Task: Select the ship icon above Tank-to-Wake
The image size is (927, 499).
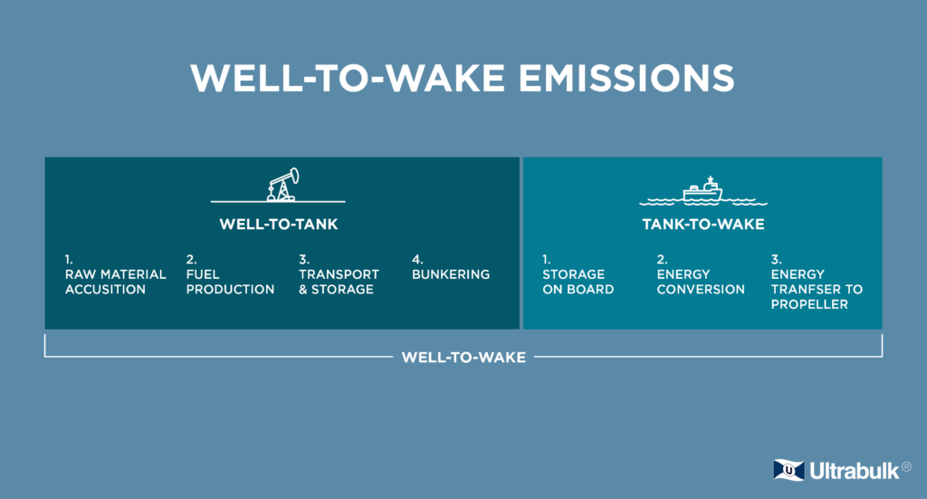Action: point(702,188)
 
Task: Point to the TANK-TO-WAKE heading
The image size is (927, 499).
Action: point(702,225)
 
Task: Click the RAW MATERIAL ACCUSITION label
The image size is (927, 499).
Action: point(115,282)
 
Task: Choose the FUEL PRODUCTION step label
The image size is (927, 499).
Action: point(230,282)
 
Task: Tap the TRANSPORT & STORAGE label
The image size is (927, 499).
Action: point(339,282)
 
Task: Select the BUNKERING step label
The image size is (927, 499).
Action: point(451,274)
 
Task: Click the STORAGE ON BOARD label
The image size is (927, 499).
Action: point(578,282)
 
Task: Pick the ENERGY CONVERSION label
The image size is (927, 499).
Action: point(701,282)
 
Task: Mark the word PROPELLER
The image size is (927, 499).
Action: point(809,305)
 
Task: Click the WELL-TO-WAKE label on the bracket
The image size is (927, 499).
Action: point(463,357)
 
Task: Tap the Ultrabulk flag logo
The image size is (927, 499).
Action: point(788,470)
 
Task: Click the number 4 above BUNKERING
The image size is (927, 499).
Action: point(417,259)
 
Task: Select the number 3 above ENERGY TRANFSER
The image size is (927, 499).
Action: point(775,259)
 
